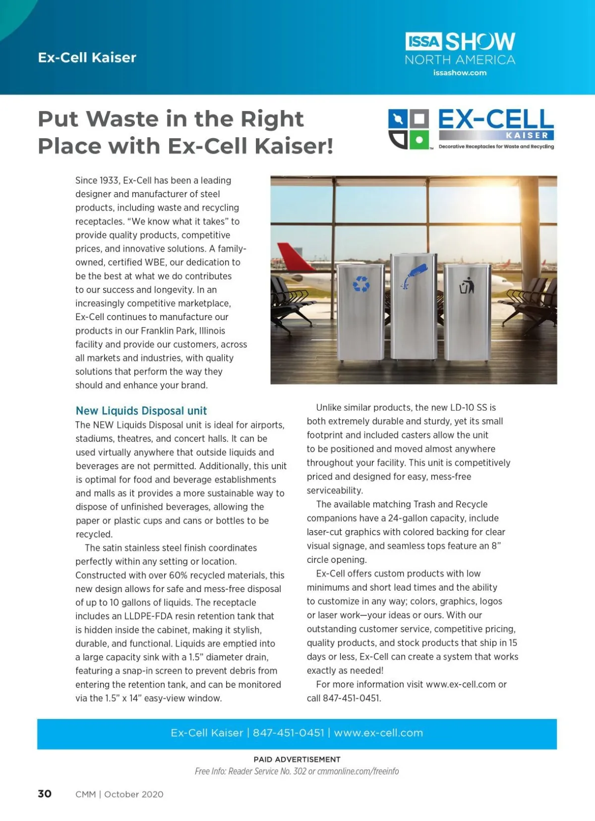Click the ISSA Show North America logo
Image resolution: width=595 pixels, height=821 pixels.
tap(460, 48)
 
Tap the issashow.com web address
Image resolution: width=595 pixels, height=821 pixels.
tap(460, 73)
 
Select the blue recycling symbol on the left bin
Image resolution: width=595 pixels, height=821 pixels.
tap(361, 284)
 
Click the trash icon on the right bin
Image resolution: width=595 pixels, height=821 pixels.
tap(467, 286)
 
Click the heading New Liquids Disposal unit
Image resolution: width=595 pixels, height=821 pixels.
tap(141, 411)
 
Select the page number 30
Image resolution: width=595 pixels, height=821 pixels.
tap(45, 794)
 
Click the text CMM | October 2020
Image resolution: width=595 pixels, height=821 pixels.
tap(119, 794)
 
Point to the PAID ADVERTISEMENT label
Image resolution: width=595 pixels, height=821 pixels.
tap(297, 759)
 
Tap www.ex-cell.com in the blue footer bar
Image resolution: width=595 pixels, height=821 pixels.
tap(378, 733)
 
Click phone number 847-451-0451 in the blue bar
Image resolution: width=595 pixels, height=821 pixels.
tap(289, 733)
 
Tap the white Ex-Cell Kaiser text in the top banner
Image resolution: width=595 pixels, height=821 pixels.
tap(87, 57)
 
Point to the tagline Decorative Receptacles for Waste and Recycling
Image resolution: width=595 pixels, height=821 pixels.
tap(496, 147)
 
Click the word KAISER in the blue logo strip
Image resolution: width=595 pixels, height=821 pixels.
tap(527, 135)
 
